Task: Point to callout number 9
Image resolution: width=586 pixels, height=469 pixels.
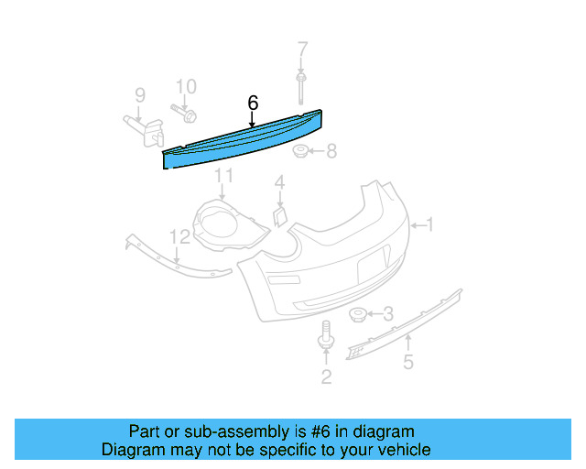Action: pos(140,94)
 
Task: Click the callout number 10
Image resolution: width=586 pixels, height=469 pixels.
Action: pos(186,87)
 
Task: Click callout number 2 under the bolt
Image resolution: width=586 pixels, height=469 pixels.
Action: pos(326,376)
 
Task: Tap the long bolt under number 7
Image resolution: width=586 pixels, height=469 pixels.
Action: pos(301,87)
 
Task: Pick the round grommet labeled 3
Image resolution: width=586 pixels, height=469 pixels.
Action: pos(358,316)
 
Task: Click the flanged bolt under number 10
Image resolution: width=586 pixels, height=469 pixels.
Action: pos(188,117)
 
